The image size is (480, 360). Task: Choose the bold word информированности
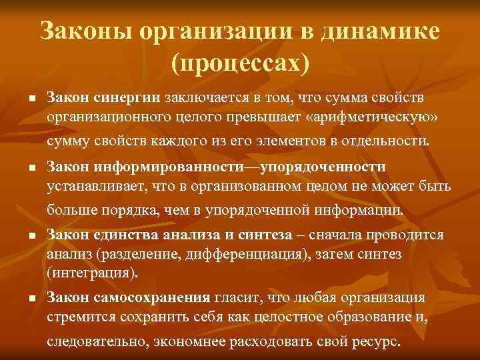click(177, 167)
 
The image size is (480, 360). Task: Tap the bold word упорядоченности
click(323, 167)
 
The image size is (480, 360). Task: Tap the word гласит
click(234, 297)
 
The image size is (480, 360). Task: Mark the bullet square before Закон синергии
click(32, 99)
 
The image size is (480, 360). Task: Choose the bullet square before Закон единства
click(32, 236)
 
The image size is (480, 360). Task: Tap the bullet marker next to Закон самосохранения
click(32, 299)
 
